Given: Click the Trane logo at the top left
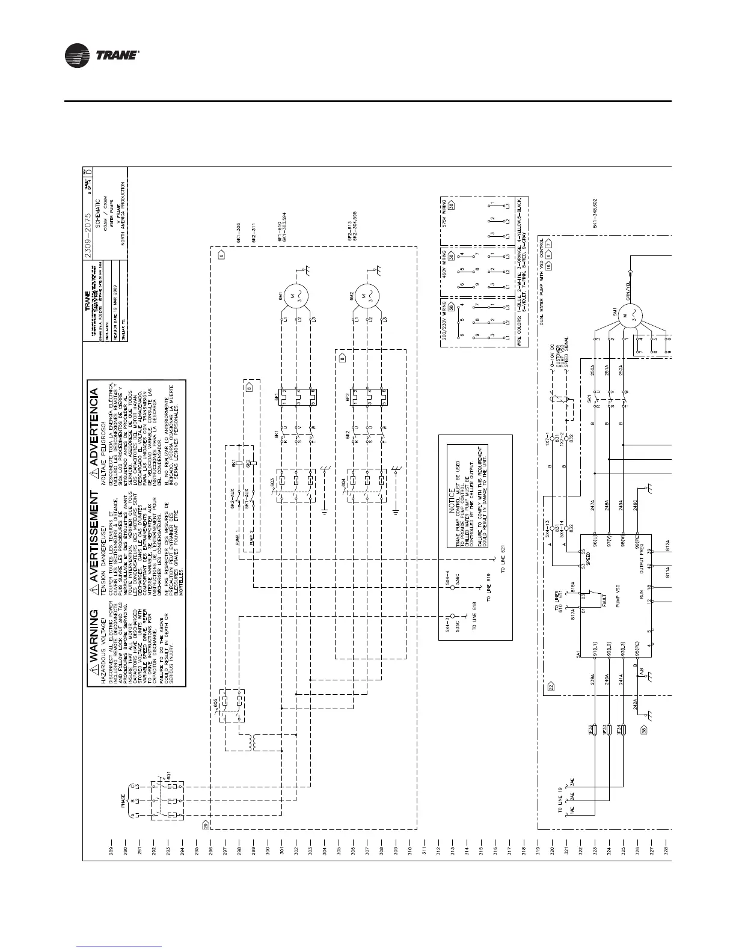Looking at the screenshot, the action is point(102,56).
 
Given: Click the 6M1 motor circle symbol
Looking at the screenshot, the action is point(296,294).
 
